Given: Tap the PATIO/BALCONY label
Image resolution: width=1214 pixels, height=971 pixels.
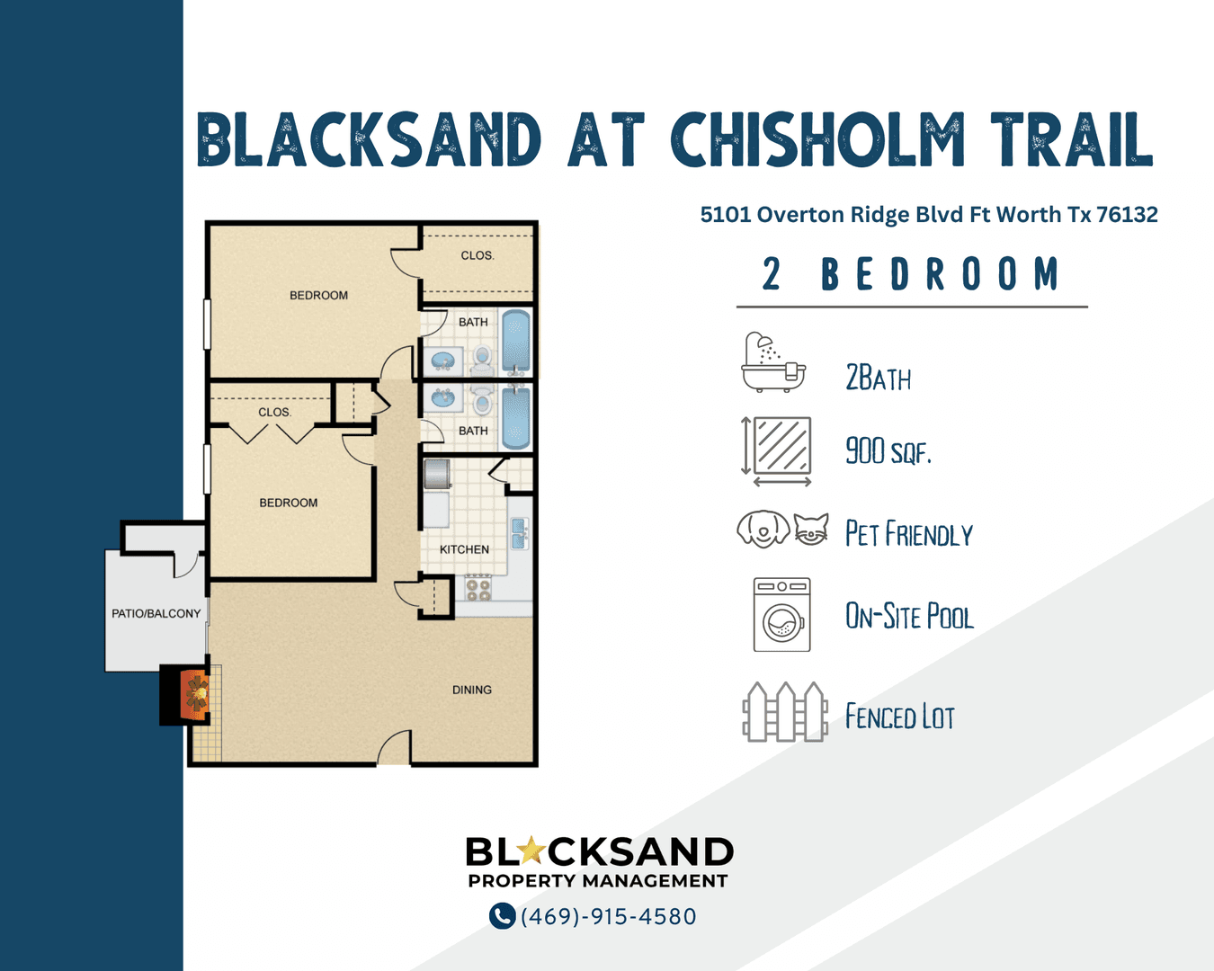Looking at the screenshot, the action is click(156, 613).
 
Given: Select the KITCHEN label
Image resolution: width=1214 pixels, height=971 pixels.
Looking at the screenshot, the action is click(464, 549).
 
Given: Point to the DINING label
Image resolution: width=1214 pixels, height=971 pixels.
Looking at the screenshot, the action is click(472, 690).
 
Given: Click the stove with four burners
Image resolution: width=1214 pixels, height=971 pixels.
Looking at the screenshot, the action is click(478, 588).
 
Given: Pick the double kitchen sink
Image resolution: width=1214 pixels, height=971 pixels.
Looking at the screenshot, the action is click(519, 533).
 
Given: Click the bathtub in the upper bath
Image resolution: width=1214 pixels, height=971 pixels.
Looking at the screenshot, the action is click(516, 342).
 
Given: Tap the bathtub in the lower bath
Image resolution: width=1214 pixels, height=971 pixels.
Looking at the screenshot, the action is click(516, 417).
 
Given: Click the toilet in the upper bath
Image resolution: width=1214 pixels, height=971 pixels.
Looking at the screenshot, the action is click(482, 361).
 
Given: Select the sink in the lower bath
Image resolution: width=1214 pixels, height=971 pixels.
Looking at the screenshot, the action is click(443, 398).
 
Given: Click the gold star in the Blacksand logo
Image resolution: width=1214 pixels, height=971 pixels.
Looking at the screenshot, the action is click(530, 851).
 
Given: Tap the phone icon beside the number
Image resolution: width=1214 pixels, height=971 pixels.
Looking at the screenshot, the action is click(502, 916).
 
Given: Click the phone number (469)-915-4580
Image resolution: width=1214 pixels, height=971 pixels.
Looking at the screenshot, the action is click(609, 916).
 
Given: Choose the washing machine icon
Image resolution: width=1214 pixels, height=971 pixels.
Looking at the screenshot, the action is click(781, 614).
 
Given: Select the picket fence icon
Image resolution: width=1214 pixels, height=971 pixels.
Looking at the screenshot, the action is click(785, 711).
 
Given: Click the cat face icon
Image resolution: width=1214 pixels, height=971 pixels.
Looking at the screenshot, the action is click(811, 529).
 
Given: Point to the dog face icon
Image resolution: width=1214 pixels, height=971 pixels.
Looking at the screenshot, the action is click(763, 529).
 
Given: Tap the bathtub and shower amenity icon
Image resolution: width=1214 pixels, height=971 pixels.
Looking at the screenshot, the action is click(773, 361).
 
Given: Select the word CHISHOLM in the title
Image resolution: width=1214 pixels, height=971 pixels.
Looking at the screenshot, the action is click(817, 139).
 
